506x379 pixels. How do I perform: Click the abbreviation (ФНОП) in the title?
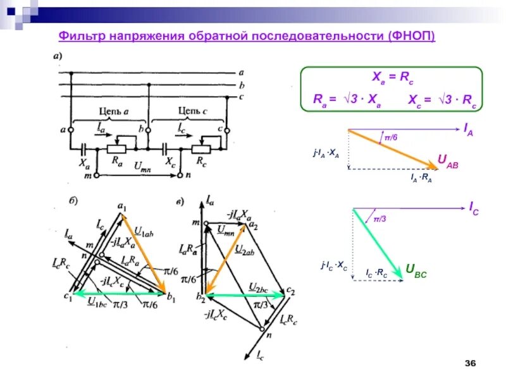(x=412, y=36)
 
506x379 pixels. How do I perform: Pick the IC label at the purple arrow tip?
(x=474, y=207)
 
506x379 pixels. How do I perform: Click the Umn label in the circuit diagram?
(x=144, y=165)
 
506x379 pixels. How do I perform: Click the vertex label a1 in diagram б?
(x=123, y=205)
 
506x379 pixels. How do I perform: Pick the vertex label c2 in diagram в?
(x=291, y=291)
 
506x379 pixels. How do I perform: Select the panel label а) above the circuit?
(x=57, y=56)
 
